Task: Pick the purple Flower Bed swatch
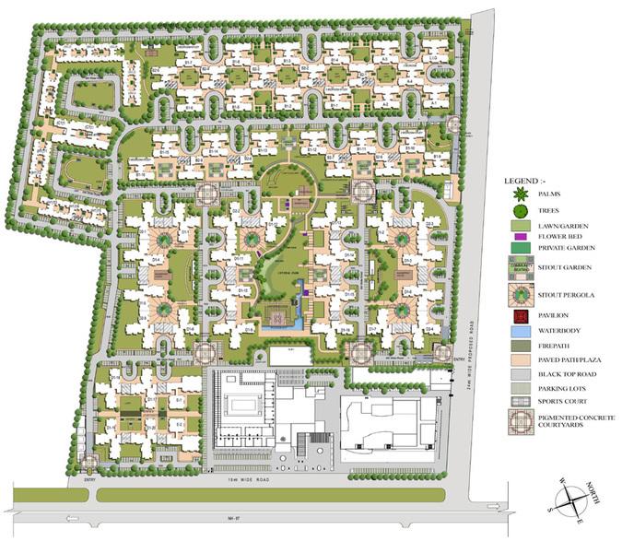pyautogui.click(x=520, y=236)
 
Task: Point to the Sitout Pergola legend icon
pyautogui.click(x=520, y=294)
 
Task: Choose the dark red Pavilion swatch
pyautogui.click(x=520, y=316)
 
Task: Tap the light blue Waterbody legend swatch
pyautogui.click(x=520, y=330)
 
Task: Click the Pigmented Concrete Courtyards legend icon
pyautogui.click(x=520, y=424)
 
